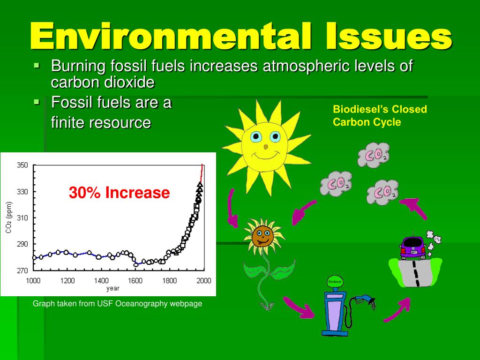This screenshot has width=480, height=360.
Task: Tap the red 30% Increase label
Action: tap(120, 193)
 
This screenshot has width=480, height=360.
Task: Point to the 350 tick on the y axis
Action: tap(22, 165)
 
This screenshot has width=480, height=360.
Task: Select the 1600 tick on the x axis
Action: tap(135, 281)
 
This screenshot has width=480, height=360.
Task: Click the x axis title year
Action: tap(112, 288)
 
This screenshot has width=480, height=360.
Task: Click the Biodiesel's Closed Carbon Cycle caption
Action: tap(380, 116)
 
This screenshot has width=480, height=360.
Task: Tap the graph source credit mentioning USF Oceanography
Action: tap(117, 304)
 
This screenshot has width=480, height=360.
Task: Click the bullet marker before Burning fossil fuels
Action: tap(37, 66)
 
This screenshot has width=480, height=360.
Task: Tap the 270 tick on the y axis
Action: tap(22, 270)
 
